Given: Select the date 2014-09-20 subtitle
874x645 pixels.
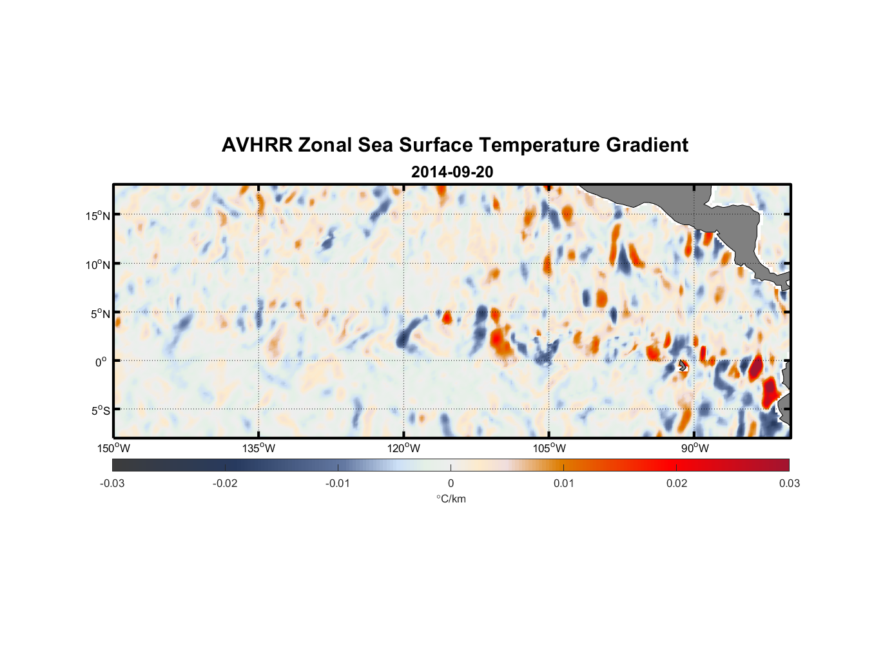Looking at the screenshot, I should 452,172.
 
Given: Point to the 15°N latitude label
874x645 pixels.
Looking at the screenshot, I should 97,215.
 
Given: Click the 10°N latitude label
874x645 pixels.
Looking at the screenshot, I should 97,264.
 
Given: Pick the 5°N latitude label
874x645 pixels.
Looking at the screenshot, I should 99,313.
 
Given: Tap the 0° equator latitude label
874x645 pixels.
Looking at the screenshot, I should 101,362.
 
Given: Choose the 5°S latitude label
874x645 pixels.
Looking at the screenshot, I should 100,411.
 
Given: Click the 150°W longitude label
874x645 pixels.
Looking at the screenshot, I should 113,448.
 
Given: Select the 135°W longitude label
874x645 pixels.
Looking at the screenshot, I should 258,448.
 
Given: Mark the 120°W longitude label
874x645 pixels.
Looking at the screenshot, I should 403,448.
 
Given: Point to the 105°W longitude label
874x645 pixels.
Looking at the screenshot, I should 549,448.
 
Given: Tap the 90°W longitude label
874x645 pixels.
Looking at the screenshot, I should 694,448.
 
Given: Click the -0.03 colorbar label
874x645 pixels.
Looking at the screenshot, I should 112,484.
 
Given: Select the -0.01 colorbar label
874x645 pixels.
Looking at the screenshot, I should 338,484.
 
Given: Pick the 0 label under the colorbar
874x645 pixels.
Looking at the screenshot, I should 451,484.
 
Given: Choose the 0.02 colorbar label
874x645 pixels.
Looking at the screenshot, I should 676,484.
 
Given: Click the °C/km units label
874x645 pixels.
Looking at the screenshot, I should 451,499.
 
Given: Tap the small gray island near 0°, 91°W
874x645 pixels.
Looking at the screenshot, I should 683,366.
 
